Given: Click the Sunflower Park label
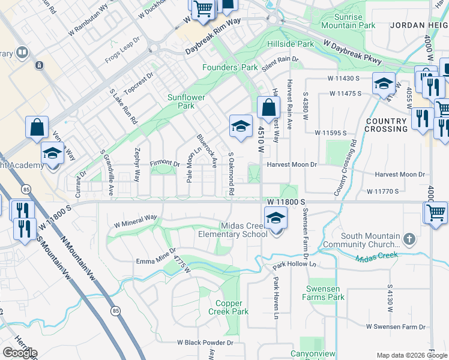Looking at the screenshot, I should (186, 101).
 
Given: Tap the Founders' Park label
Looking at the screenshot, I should (230, 68).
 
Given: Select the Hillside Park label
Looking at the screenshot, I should (291, 44).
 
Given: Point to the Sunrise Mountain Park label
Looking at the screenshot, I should (348, 21).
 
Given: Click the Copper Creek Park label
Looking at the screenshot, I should (229, 307).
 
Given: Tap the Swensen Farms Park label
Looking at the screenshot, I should (324, 293).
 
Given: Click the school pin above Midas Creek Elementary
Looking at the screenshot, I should (276, 218).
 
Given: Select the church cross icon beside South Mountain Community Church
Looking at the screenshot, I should (409, 239).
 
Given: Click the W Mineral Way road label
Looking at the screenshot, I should (135, 219).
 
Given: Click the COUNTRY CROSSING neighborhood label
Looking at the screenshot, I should (387, 125).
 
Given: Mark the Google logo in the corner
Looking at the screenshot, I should (19, 353).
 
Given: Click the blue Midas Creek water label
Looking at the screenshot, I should (376, 257).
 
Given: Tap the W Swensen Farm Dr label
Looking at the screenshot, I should (396, 327).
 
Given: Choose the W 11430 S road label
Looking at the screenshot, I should (343, 79).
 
